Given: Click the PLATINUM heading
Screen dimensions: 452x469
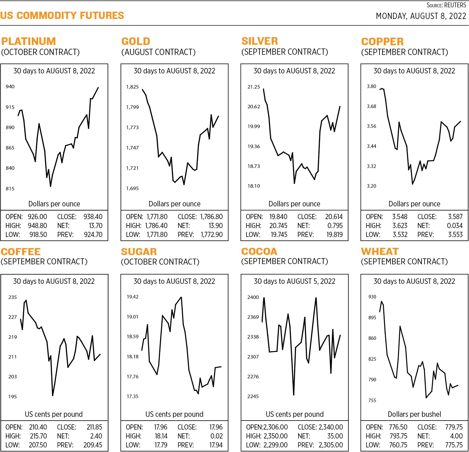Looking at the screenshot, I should click(28, 41).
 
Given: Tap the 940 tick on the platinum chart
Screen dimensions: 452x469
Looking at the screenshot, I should click(10, 87).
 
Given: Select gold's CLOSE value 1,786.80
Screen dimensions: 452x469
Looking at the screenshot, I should click(211, 217).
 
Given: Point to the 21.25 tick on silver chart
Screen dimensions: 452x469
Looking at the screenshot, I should click(254, 87).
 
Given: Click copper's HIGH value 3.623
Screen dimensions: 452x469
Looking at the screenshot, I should click(400, 226).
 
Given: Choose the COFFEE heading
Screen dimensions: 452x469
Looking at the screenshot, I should click(21, 252).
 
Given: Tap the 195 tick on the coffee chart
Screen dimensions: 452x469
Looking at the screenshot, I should click(12, 396).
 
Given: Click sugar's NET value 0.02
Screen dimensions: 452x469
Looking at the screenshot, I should click(217, 436).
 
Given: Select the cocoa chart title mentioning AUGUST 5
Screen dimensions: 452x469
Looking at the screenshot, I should click(294, 281).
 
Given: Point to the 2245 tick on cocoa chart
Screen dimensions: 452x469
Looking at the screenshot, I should click(253, 396).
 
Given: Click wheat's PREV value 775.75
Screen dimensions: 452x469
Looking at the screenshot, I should click(454, 445).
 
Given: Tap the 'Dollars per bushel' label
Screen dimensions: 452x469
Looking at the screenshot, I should click(414, 414).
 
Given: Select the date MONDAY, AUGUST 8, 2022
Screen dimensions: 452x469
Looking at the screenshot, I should click(421, 16).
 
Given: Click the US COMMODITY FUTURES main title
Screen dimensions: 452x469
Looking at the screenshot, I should click(62, 15).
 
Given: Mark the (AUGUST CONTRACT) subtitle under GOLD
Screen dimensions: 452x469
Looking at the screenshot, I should click(158, 52).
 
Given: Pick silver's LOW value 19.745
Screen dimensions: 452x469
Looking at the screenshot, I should click(279, 235).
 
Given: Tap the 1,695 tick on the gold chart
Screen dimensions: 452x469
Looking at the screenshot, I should click(132, 188).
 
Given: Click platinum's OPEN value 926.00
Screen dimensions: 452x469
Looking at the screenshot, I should click(37, 217).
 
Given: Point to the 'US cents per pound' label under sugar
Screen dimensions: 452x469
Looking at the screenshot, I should click(174, 414).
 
